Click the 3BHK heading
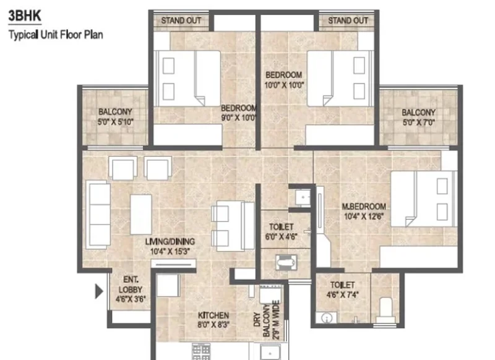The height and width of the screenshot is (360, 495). click(x=25, y=16)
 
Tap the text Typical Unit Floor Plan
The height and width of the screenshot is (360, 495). click(x=56, y=35)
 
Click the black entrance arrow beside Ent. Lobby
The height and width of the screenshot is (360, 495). click(x=99, y=291)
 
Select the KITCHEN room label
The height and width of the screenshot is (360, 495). click(x=213, y=315)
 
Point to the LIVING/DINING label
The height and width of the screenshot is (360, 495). click(x=170, y=242)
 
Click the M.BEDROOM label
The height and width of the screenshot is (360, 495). click(x=364, y=207)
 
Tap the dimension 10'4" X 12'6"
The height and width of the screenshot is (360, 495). click(x=364, y=216)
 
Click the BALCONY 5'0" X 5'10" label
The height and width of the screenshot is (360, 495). click(x=115, y=116)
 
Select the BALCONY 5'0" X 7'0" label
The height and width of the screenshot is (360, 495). click(x=419, y=118)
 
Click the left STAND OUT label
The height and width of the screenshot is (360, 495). click(x=181, y=21)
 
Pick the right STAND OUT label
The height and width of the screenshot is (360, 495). click(x=348, y=21)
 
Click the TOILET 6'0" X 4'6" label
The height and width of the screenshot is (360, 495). click(x=281, y=231)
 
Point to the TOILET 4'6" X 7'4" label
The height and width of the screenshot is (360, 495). click(x=343, y=289)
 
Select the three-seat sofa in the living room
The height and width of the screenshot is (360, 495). click(x=98, y=215)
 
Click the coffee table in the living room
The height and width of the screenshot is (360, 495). click(x=141, y=214)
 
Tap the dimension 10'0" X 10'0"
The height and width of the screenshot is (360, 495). click(x=284, y=85)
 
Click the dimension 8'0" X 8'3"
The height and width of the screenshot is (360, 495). click(x=213, y=324)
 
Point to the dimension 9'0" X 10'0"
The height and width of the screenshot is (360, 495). click(x=239, y=118)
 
